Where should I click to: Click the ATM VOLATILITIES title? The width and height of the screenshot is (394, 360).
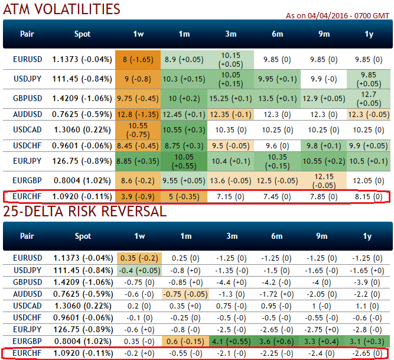[61, 9]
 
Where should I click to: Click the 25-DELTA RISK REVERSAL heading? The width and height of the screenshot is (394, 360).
[85, 211]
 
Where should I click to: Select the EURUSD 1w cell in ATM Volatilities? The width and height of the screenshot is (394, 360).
[138, 59]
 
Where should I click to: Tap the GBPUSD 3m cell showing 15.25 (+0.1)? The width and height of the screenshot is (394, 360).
[230, 98]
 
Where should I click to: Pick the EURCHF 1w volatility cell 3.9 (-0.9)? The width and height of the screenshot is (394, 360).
[138, 196]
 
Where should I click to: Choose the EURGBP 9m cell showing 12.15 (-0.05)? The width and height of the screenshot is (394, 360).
[324, 181]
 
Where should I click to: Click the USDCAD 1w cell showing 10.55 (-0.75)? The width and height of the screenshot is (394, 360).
[138, 130]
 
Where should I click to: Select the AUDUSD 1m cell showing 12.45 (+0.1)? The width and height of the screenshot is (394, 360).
[184, 113]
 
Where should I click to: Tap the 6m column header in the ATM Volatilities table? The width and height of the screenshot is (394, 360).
[277, 34]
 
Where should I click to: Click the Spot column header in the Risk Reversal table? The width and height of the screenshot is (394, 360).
[83, 236]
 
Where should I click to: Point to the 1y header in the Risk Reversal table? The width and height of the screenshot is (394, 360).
[369, 236]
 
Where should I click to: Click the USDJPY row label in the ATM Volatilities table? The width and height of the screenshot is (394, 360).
[27, 79]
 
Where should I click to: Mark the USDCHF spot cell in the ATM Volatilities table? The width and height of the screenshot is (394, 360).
[83, 145]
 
